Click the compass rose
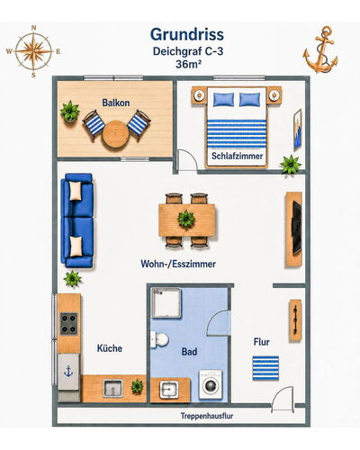pyautogui.click(x=33, y=51)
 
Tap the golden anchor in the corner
pyautogui.click(x=320, y=49)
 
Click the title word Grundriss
pyautogui.click(x=187, y=34)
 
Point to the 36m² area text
pyautogui.click(x=188, y=64)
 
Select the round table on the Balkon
pyautogui.click(x=115, y=134)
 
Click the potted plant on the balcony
pyautogui.click(x=70, y=112)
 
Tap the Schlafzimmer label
pyautogui.click(x=237, y=156)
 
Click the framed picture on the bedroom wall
pyautogui.click(x=297, y=130)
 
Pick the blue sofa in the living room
pyautogui.click(x=77, y=220)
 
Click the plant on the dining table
pyautogui.click(x=186, y=219)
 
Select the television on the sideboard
pyautogui.click(x=297, y=228)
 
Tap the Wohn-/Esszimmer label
pyautogui.click(x=178, y=264)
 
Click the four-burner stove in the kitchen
pyautogui.click(x=69, y=324)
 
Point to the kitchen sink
pyautogui.click(x=112, y=389)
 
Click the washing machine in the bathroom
pyautogui.click(x=211, y=384)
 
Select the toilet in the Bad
pyautogui.click(x=159, y=339)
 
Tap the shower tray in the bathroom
pyautogui.click(x=166, y=303)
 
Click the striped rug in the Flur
pyautogui.click(x=265, y=368)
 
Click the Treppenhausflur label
pyautogui.click(x=207, y=416)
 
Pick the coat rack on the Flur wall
pyautogui.click(x=295, y=320)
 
